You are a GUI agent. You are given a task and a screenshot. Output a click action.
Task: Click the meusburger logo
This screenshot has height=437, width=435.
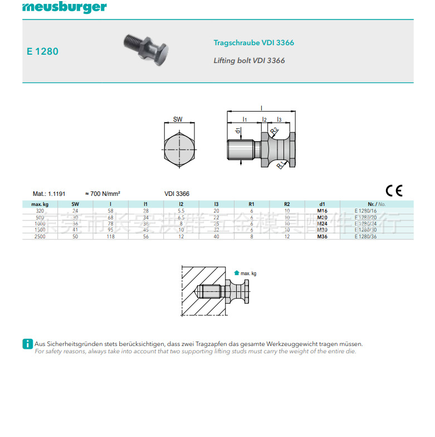(x=64, y=8)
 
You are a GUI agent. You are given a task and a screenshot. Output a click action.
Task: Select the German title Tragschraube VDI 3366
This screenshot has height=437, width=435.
(x=253, y=43)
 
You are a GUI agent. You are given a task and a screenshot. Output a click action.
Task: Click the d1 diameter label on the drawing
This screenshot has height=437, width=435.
(x=238, y=132)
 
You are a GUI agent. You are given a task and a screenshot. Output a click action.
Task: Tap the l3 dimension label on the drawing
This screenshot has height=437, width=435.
(x=279, y=119)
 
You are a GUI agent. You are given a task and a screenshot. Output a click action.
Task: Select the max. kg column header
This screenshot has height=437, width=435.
(x=40, y=204)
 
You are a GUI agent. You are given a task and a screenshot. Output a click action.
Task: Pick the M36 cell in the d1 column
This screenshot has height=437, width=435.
(x=322, y=237)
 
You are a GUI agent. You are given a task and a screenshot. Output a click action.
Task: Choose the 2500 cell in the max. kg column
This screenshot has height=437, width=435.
(x=40, y=237)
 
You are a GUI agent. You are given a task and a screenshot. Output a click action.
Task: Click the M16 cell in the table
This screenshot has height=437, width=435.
(x=322, y=211)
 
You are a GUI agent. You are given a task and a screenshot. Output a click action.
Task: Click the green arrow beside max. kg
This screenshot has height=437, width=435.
(x=237, y=273)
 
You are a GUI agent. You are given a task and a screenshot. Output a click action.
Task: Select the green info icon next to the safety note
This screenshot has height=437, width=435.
(x=27, y=344)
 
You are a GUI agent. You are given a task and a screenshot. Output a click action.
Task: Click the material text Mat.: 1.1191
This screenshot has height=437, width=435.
(x=49, y=194)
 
